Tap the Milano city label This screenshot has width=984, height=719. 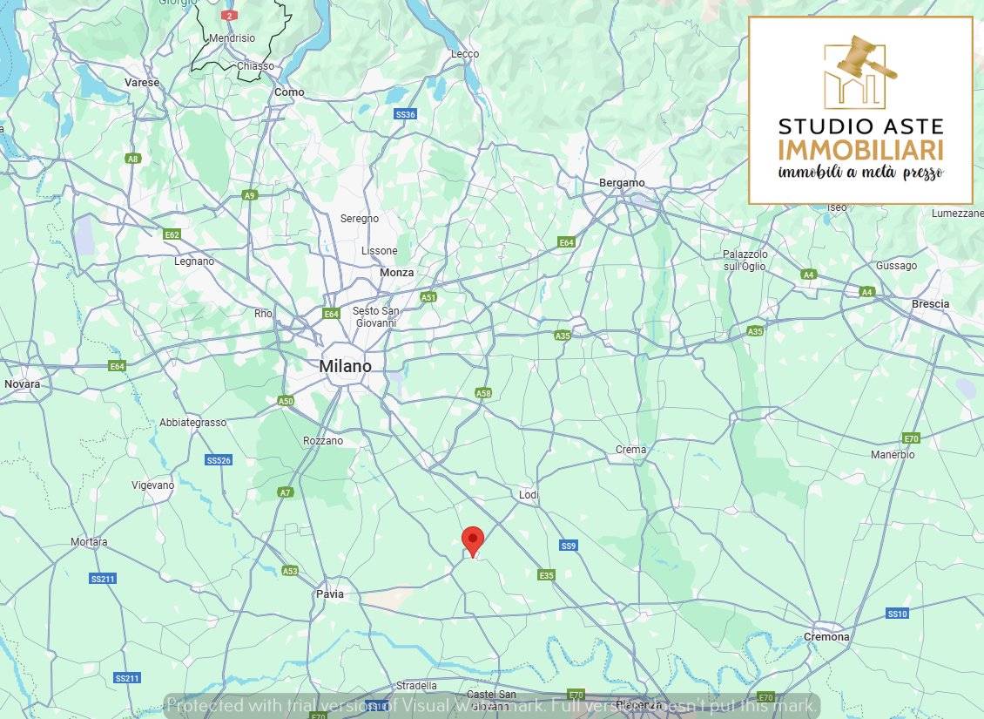345,367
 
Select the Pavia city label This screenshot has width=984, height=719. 329,594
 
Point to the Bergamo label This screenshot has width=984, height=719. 622,183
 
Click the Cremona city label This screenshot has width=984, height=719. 826,637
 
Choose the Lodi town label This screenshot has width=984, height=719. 529,495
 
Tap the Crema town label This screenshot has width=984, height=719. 630,451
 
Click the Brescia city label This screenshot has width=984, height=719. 929,304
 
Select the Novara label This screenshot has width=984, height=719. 22,384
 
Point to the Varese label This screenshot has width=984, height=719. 142,83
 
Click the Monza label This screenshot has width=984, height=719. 396,273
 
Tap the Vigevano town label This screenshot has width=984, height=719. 152,485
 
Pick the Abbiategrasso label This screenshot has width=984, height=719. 192,423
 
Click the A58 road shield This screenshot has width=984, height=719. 483,394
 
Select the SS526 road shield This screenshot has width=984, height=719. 219,460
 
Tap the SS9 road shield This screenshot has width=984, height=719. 568,546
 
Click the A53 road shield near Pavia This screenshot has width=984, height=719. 290,571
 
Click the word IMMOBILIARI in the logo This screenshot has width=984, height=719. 860,149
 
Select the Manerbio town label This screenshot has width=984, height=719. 893,455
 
